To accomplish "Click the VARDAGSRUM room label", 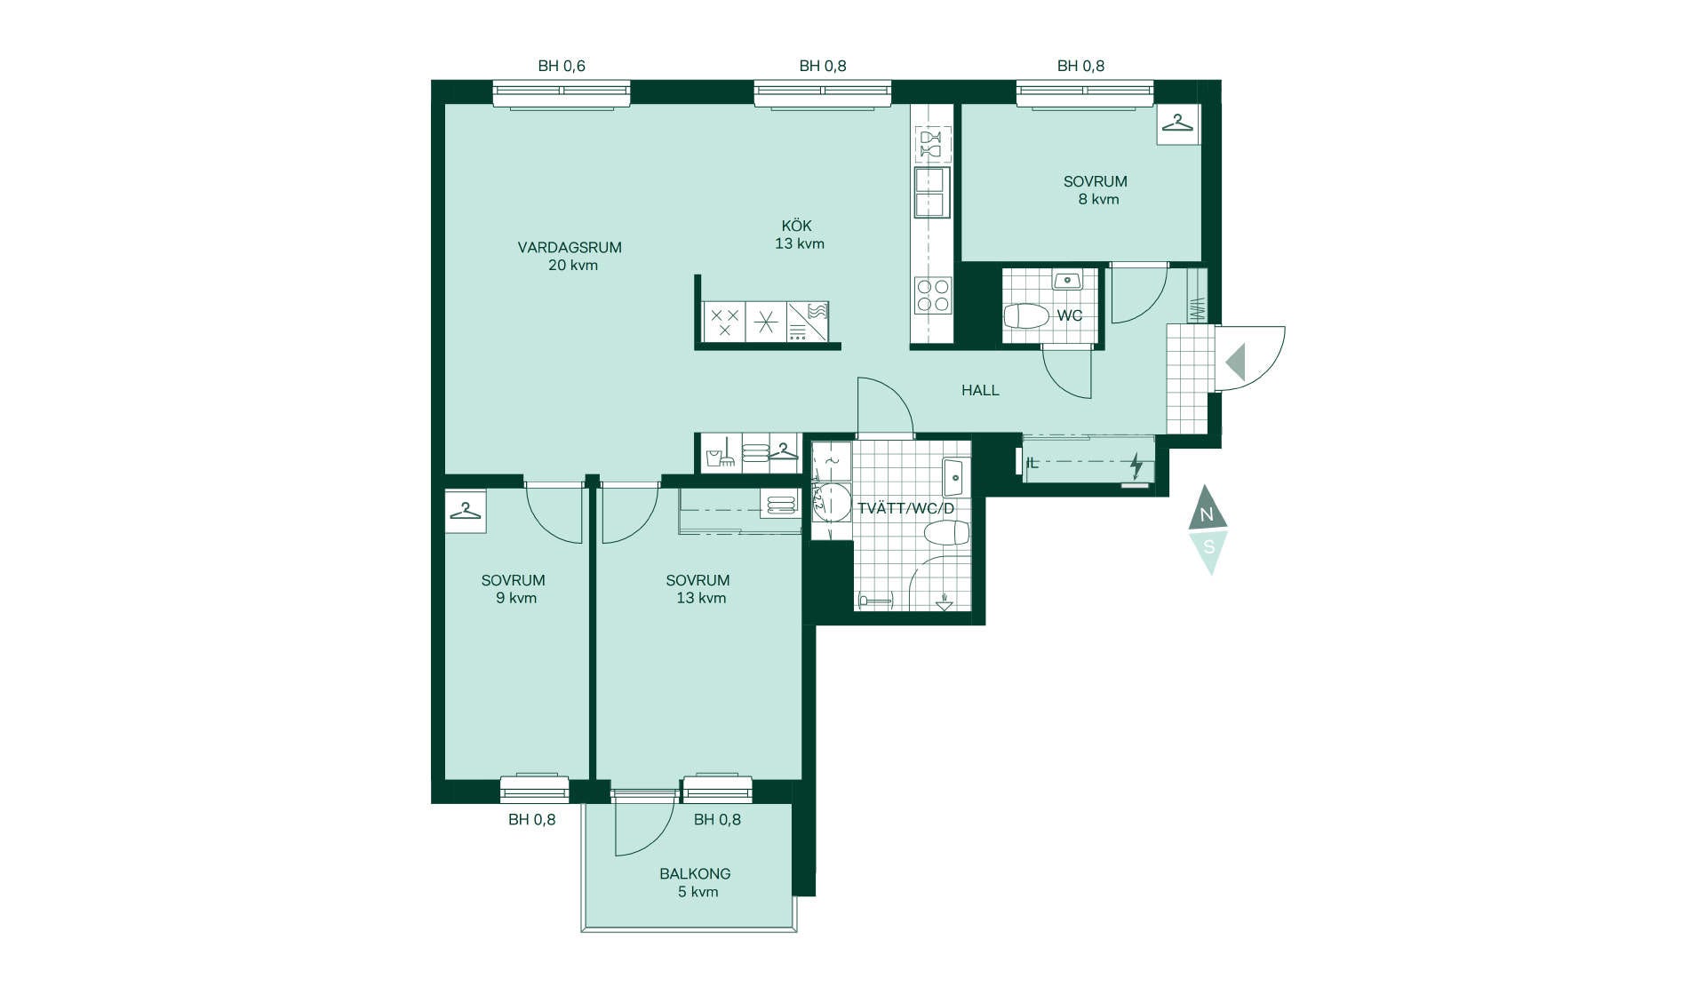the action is pos(570,248).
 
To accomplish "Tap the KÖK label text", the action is pos(797,226).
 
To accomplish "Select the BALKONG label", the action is pos(695,874).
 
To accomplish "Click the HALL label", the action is pos(980,390).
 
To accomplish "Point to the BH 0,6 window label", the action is pos(562,66).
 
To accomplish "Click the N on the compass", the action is pos(1207,514).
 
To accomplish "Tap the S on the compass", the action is pos(1208,547).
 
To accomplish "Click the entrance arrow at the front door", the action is pos(1235,362).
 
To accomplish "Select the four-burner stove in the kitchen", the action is pos(933,295).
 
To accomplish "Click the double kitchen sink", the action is pos(930,192).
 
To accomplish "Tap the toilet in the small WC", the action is pos(1027,316).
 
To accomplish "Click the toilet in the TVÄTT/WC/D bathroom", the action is pos(946,533).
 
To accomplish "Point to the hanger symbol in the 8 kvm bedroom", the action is pos(1178,123).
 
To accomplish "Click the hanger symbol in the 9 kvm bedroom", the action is pos(465,511).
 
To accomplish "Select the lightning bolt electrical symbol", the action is pos(1136,465).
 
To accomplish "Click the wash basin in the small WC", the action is pos(1066,281).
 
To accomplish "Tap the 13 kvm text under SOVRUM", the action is pos(701,598).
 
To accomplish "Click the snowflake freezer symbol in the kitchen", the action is pos(766,322).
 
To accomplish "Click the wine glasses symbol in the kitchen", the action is pos(931,143).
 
